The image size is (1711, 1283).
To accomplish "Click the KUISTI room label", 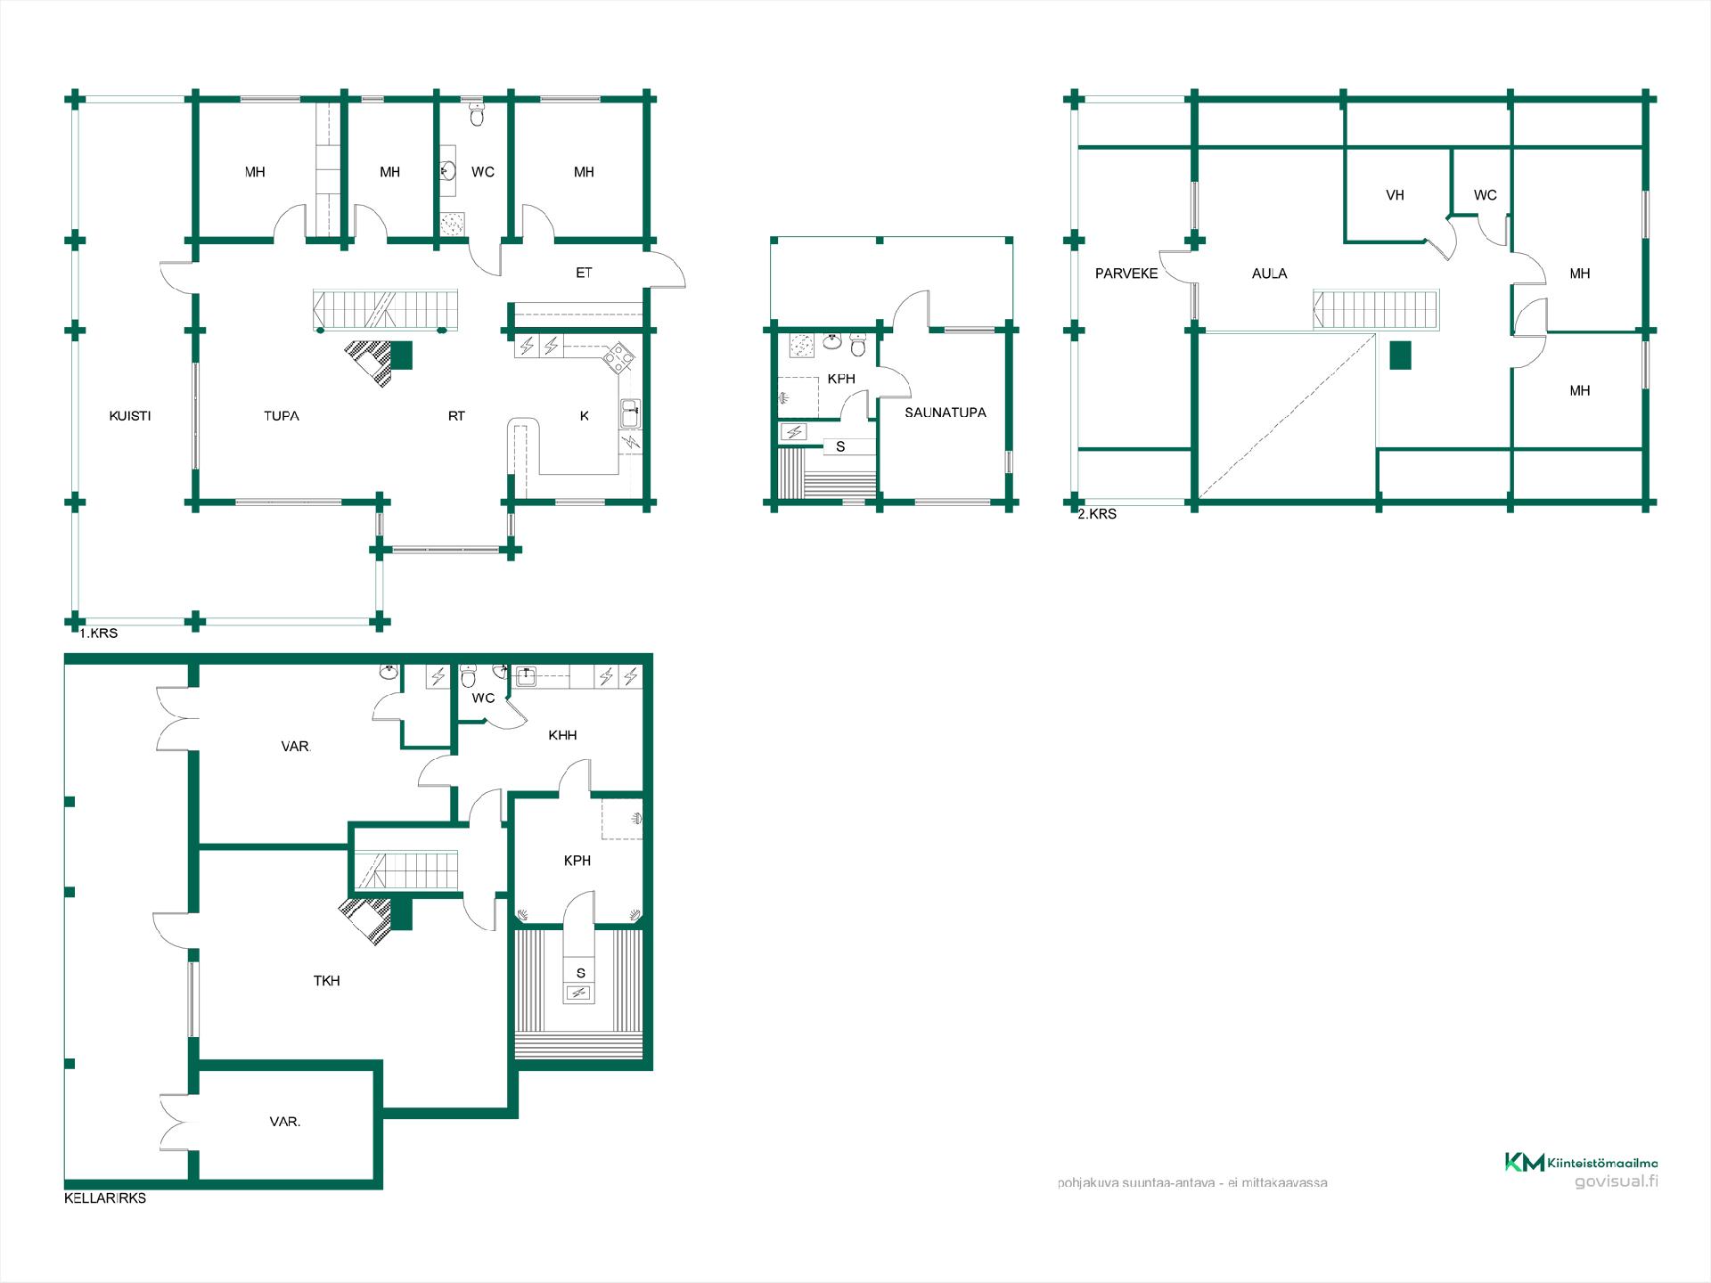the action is pyautogui.click(x=130, y=416).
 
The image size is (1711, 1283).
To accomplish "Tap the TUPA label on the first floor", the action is pyautogui.click(x=282, y=416).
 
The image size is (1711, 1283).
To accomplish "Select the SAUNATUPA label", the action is pyautogui.click(x=946, y=413).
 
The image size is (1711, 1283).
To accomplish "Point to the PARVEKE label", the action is pyautogui.click(x=1126, y=274).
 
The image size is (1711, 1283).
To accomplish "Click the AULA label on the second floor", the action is pyautogui.click(x=1269, y=274).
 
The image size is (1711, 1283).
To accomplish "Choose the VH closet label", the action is pyautogui.click(x=1396, y=195).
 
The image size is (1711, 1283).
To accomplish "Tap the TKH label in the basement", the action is pyautogui.click(x=326, y=981).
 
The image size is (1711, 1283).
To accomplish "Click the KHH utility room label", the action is pyautogui.click(x=562, y=735).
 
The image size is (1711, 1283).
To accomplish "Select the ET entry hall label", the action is pyautogui.click(x=584, y=273).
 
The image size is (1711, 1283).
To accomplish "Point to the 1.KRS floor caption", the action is pyautogui.click(x=98, y=633).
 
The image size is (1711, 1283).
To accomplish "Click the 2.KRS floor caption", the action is pyautogui.click(x=1097, y=514).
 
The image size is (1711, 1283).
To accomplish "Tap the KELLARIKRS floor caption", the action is pyautogui.click(x=105, y=1198).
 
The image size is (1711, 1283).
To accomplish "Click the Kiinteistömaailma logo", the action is pyautogui.click(x=1581, y=1163).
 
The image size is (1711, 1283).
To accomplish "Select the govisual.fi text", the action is pyautogui.click(x=1617, y=1182).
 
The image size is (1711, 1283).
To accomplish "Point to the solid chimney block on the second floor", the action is pyautogui.click(x=1401, y=355).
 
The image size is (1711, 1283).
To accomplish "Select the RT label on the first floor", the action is pyautogui.click(x=456, y=416).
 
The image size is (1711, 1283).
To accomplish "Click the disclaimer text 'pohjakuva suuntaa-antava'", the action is pyautogui.click(x=1136, y=1183).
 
